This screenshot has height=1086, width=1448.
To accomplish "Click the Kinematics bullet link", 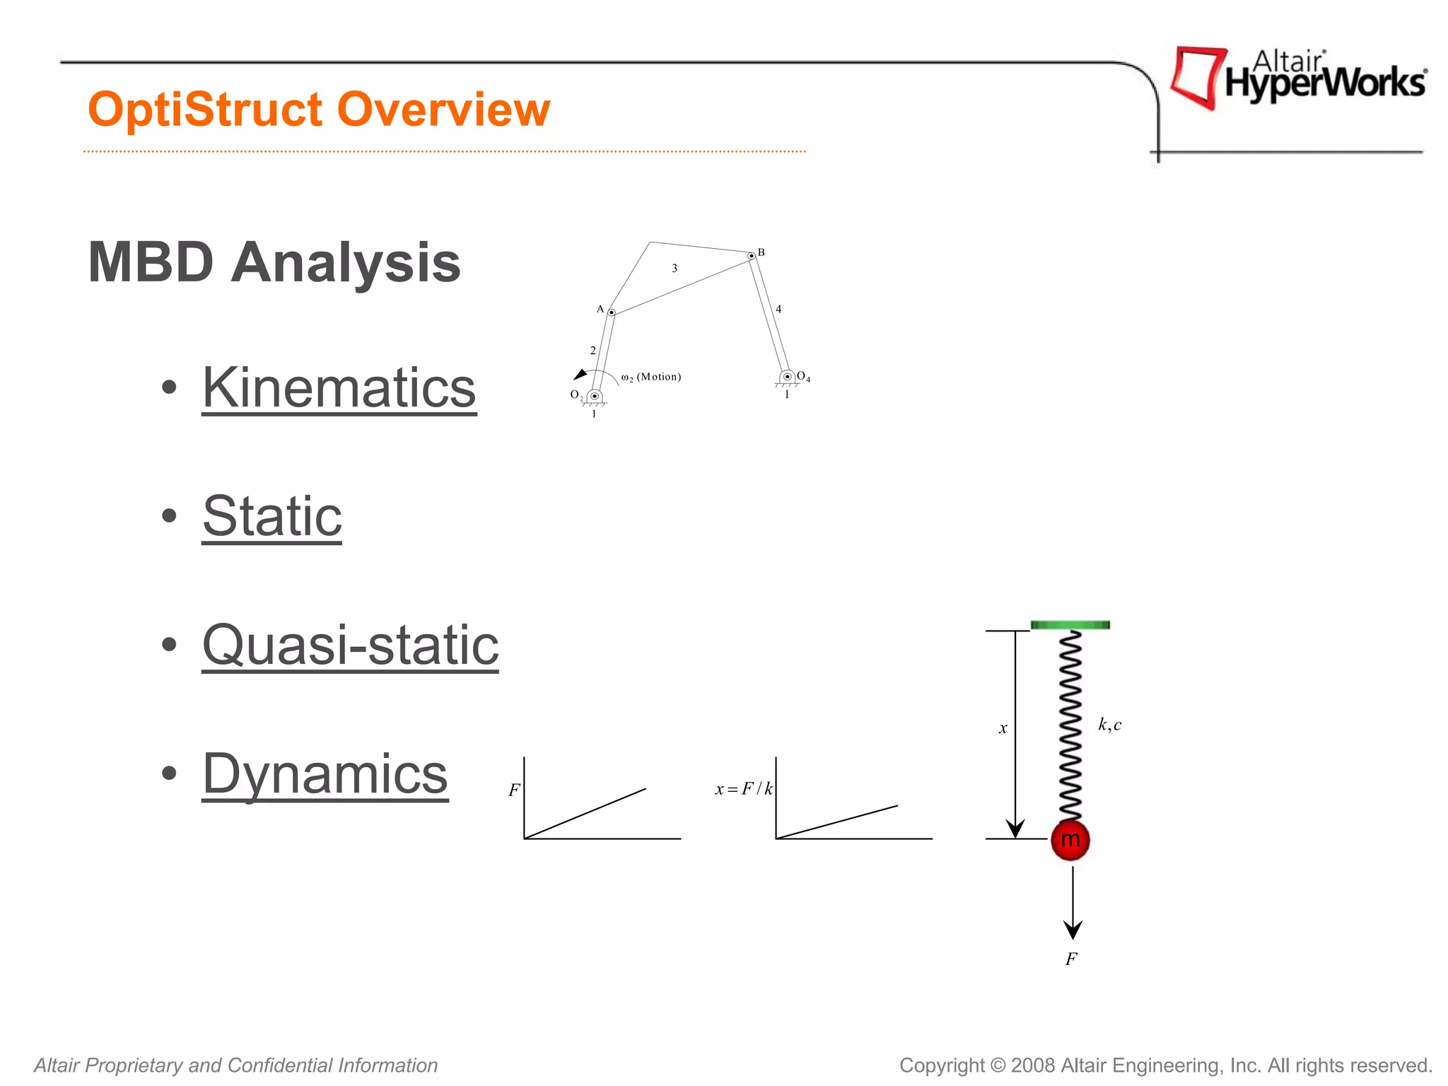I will pyautogui.click(x=339, y=388).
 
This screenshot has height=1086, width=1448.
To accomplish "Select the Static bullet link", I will pyautogui.click(x=272, y=516).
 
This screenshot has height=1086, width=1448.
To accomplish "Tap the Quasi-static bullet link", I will pyautogui.click(x=350, y=645).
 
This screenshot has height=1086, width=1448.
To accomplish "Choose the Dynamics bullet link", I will pyautogui.click(x=325, y=773).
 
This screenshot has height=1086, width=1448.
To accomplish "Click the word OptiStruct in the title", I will pyautogui.click(x=206, y=110).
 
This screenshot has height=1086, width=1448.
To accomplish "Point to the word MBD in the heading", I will pyautogui.click(x=151, y=263).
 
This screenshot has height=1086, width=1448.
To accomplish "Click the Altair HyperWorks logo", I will pyautogui.click(x=1297, y=78).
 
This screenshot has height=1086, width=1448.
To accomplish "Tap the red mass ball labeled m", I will pyautogui.click(x=1070, y=840).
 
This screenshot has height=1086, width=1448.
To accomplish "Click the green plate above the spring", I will pyautogui.click(x=1070, y=625).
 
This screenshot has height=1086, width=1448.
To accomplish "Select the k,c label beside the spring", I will pyautogui.click(x=1109, y=725).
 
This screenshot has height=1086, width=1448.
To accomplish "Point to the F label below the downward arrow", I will pyautogui.click(x=1071, y=959).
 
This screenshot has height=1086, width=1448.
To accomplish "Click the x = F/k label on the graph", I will pyautogui.click(x=743, y=789).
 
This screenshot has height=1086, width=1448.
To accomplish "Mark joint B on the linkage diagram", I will pyautogui.click(x=752, y=256).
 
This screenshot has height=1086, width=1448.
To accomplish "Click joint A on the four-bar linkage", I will pyautogui.click(x=612, y=312).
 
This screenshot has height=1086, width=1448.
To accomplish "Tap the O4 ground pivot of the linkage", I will pyautogui.click(x=787, y=377).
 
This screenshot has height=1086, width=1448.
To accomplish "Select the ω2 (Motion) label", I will pyautogui.click(x=651, y=377).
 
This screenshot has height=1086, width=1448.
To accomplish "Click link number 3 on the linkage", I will pyautogui.click(x=675, y=268).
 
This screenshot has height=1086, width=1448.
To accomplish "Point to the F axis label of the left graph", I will pyautogui.click(x=514, y=790).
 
